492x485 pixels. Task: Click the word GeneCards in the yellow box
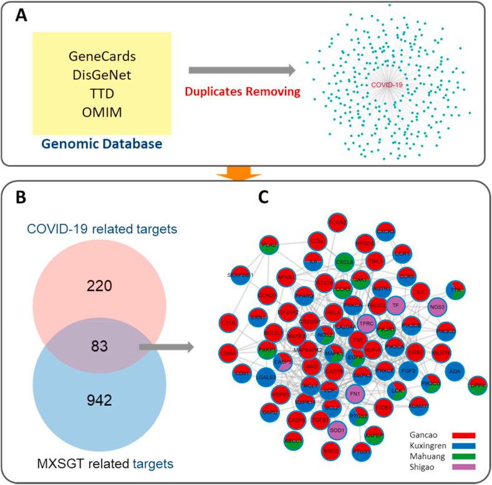[x=102, y=57]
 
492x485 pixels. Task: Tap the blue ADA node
[x=455, y=372]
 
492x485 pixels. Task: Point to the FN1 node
[x=356, y=394]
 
